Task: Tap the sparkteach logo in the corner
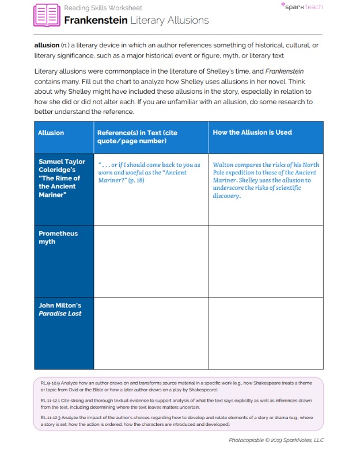[x=301, y=7]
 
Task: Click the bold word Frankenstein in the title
[x=95, y=20]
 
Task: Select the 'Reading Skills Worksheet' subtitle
[x=103, y=8]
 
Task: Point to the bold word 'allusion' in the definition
[x=47, y=45]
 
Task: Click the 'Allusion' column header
[x=51, y=133]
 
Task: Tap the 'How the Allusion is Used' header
[x=252, y=132]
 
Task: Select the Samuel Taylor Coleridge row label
[x=62, y=178]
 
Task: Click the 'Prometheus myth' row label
[x=58, y=237]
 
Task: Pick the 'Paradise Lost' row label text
[x=60, y=314]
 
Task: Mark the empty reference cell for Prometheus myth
[x=151, y=261]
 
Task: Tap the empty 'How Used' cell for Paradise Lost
[x=266, y=333]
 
